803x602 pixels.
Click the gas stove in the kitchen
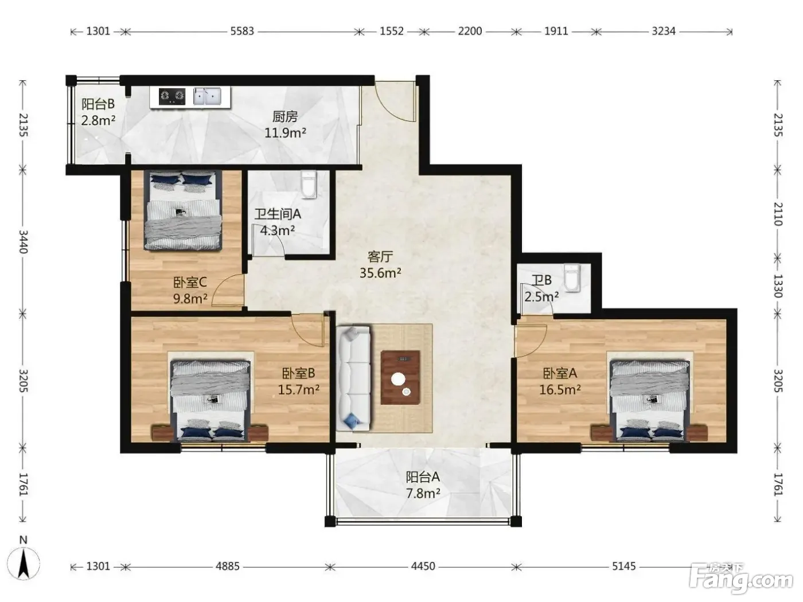click(x=171, y=96)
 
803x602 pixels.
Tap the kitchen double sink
click(x=207, y=96)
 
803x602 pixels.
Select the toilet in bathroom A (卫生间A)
click(x=309, y=185)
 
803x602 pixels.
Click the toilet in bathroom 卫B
click(x=572, y=278)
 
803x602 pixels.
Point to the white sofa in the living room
click(x=353, y=378)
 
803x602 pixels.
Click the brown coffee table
click(x=400, y=378)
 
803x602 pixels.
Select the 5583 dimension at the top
click(x=242, y=32)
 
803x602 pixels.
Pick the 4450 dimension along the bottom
click(x=423, y=566)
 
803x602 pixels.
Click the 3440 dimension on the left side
click(x=23, y=241)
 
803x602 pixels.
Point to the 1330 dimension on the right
click(x=778, y=286)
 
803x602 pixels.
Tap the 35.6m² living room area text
click(x=380, y=273)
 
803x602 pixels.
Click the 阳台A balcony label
click(x=423, y=477)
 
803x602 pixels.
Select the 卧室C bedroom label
click(x=190, y=282)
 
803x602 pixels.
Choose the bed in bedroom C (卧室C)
click(x=182, y=210)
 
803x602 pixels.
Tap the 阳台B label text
click(x=98, y=104)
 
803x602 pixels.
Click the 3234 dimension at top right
click(x=664, y=32)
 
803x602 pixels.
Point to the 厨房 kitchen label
click(x=285, y=117)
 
